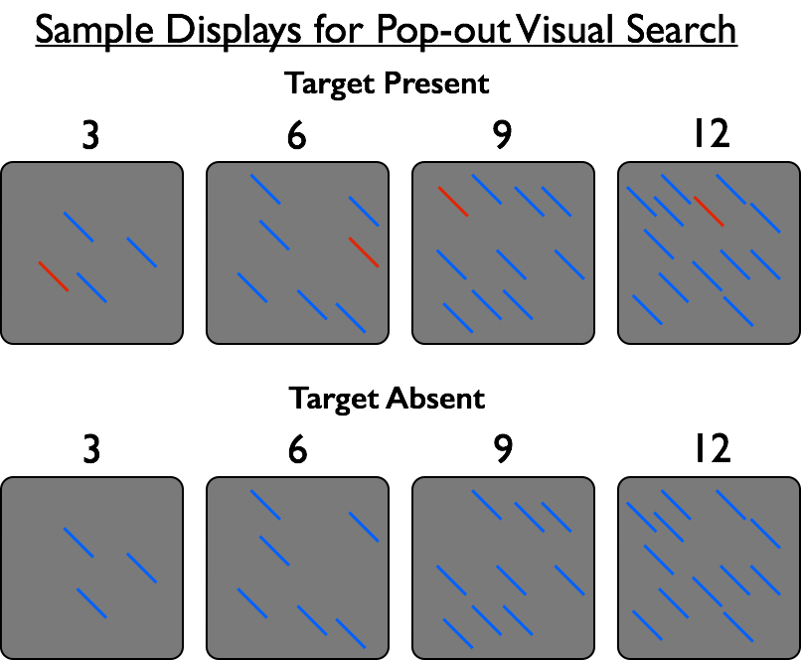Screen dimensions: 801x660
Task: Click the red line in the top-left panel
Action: [54, 276]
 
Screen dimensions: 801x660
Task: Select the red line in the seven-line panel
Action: [364, 252]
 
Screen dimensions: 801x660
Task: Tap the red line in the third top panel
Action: [453, 202]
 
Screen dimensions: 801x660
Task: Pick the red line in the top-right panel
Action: [709, 211]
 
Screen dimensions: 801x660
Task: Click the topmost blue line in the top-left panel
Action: [79, 227]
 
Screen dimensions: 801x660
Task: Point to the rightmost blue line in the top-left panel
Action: [141, 251]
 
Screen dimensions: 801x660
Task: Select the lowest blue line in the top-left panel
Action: [91, 287]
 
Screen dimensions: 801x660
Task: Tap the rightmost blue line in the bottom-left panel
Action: [141, 568]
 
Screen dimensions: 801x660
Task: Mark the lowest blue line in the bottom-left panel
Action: [91, 603]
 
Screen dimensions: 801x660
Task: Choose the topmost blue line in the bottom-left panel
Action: [79, 542]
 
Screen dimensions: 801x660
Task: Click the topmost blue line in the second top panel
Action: [265, 189]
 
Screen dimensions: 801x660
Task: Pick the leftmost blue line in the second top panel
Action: [252, 287]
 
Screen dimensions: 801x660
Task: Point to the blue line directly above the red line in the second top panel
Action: [364, 211]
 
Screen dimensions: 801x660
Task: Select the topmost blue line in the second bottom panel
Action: [265, 504]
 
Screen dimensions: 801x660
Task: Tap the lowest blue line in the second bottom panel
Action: [351, 633]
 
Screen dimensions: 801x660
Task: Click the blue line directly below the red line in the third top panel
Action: [451, 264]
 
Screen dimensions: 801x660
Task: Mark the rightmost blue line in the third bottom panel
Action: [569, 580]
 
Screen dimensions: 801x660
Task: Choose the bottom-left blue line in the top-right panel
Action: [647, 309]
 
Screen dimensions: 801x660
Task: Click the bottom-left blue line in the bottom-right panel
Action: [647, 625]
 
